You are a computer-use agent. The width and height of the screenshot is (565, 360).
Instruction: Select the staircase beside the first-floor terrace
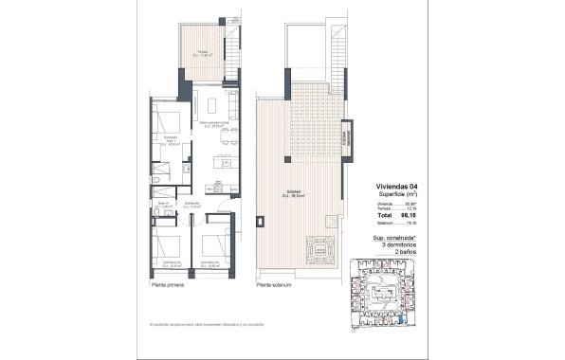pos(231,46)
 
